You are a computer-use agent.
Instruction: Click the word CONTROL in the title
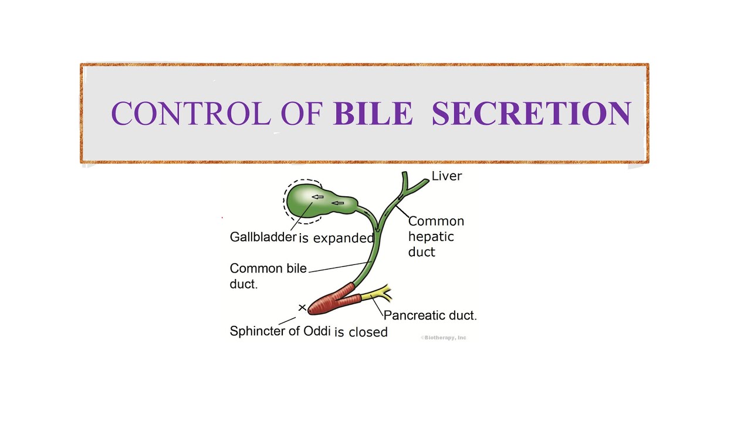coord(190,113)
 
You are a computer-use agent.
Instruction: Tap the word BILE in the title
coord(373,113)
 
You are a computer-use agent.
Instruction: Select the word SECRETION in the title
coord(531,113)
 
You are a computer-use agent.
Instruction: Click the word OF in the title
coord(302,113)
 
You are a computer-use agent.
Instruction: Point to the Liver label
coord(446,176)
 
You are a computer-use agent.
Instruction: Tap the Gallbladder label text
coord(263,237)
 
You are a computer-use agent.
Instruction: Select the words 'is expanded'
coord(336,238)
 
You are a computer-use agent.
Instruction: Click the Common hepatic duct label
coord(435,236)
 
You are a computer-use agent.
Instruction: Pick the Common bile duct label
coord(268,275)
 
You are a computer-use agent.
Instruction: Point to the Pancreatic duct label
coord(429,315)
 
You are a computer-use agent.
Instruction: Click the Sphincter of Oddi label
coord(280,331)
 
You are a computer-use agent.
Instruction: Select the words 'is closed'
coord(361,332)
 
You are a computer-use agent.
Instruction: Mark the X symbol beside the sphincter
coord(302,308)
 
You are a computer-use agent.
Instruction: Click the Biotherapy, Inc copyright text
coord(444,338)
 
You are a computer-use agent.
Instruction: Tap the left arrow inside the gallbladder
coord(317,197)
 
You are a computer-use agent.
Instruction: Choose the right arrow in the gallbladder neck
coord(337,203)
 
